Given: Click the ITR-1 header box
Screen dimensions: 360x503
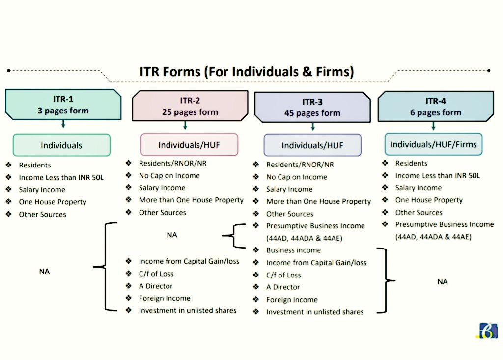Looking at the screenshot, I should (x=63, y=105).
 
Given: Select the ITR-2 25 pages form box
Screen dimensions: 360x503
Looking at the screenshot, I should (x=189, y=106).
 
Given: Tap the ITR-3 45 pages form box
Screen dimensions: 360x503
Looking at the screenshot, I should (x=312, y=107).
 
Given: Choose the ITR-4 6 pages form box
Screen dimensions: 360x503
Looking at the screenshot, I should (x=436, y=107).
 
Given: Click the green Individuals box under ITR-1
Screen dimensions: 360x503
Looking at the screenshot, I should (x=61, y=145).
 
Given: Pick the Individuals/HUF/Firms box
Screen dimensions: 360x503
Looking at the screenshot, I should (x=433, y=144).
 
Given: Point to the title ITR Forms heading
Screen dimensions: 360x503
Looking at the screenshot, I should (x=247, y=72).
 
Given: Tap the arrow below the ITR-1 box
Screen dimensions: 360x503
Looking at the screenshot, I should (x=63, y=124).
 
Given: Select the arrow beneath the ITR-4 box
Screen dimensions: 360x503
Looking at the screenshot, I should (x=433, y=126).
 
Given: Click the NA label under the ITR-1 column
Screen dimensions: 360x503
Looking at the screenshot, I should (x=44, y=271).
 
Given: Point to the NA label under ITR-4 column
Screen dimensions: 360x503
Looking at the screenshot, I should (x=442, y=282).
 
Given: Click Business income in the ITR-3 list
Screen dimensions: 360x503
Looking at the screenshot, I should (x=293, y=250).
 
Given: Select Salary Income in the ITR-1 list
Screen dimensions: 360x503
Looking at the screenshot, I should (x=42, y=190).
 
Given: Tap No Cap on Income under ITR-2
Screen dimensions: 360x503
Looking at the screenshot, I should (x=169, y=176).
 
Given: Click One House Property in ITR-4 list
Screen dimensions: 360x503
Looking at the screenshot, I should (x=429, y=200).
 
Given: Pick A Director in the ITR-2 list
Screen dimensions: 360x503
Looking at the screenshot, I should (x=156, y=286).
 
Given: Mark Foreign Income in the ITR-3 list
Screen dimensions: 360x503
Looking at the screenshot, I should (x=292, y=300).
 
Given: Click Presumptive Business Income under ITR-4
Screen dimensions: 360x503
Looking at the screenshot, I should (x=444, y=224).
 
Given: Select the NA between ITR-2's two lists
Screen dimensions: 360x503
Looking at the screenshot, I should (x=172, y=235).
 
